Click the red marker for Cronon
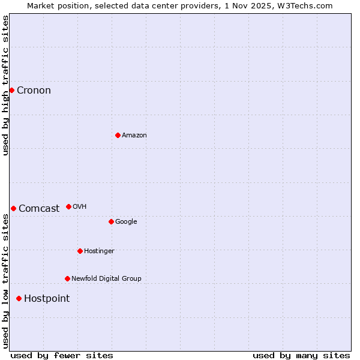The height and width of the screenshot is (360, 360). (x=11, y=90)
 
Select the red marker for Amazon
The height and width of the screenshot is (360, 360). (x=118, y=135)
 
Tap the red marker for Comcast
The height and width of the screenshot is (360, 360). (x=13, y=208)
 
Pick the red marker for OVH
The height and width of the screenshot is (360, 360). (x=68, y=206)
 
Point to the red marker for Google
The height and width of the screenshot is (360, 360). (x=111, y=221)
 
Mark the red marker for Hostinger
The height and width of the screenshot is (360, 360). (x=80, y=251)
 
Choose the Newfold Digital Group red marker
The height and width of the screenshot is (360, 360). (x=67, y=278)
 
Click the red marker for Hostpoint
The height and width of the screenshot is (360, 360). (x=19, y=298)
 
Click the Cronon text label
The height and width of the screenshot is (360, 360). (x=34, y=91)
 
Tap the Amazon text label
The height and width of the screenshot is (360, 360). (x=134, y=136)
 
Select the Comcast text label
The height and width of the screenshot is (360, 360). (x=39, y=209)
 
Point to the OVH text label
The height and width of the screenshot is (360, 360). (x=80, y=207)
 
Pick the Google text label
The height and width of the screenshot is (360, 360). (x=126, y=222)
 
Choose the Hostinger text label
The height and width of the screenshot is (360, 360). (x=99, y=251)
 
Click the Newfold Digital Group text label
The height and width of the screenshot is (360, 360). (x=106, y=279)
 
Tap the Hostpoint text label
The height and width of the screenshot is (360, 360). (x=47, y=299)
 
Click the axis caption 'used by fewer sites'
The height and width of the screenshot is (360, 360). (x=62, y=355)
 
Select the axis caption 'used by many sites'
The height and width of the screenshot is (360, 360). (x=301, y=355)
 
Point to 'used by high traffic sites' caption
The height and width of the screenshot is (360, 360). (x=5, y=85)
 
